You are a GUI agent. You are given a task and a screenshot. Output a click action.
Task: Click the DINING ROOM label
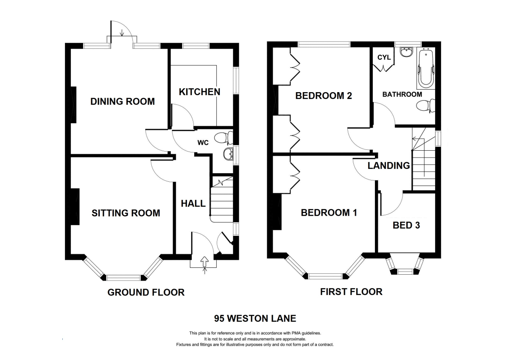pyautogui.click(x=123, y=101)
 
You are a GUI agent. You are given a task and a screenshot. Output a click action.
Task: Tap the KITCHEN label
pyautogui.click(x=199, y=92)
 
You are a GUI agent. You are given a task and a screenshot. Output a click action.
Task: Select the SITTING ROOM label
pyautogui.click(x=126, y=213)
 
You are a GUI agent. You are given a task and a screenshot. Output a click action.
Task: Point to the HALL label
pyautogui.click(x=193, y=204)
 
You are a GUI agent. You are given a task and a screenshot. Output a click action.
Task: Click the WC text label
pyautogui.click(x=203, y=143)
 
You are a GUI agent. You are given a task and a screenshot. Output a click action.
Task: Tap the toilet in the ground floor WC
pyautogui.click(x=222, y=138)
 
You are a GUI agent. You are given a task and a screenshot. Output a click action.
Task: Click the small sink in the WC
pyautogui.click(x=229, y=154)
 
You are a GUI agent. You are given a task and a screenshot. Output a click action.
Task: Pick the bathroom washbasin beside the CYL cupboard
pyautogui.click(x=406, y=52)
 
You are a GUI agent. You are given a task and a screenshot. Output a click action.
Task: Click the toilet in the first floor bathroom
pyautogui.click(x=426, y=105)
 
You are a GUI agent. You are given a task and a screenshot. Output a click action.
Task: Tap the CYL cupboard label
pyautogui.click(x=384, y=58)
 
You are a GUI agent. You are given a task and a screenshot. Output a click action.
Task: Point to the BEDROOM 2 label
pyautogui.click(x=324, y=96)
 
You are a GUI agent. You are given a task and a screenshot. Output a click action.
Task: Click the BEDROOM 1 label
pyautogui.click(x=329, y=212)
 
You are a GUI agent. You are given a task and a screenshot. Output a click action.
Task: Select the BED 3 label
pyautogui.click(x=406, y=225)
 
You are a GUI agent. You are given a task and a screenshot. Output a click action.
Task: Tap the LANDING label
pyautogui.click(x=389, y=166)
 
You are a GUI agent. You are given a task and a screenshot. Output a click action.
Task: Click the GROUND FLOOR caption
pyautogui.click(x=146, y=292)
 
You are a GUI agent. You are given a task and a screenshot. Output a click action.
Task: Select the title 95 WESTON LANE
pyautogui.click(x=255, y=318)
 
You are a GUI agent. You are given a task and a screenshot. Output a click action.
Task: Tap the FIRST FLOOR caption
pyautogui.click(x=351, y=292)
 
